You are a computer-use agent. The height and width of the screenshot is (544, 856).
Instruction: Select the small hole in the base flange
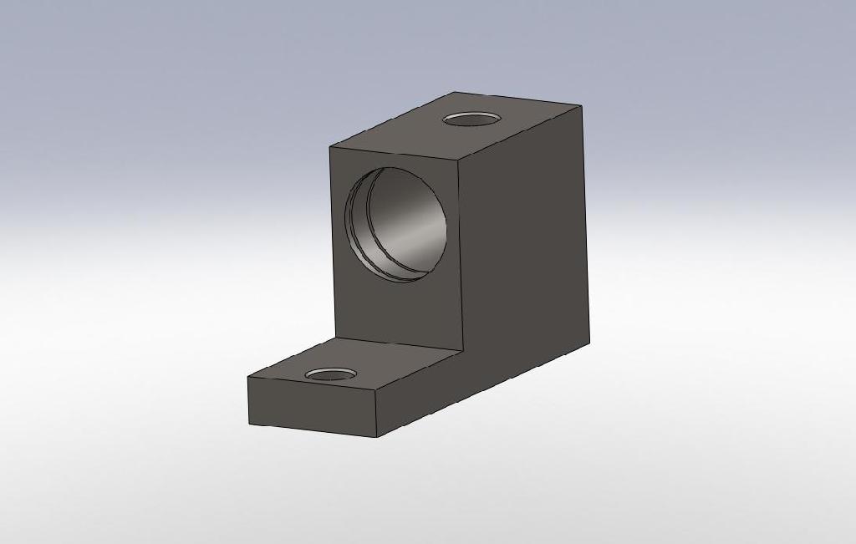coord(332,374)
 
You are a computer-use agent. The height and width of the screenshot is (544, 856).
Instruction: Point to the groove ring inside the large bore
coord(358,226)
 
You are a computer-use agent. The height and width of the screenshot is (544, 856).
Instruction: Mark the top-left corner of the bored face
coord(330,146)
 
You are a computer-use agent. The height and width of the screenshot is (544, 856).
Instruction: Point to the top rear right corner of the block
coord(581,106)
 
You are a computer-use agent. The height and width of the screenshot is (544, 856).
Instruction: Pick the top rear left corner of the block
coord(455,92)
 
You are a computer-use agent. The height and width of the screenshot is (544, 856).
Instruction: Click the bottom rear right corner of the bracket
coord(589,343)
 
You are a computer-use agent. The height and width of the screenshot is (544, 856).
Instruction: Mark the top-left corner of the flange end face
coord(248,378)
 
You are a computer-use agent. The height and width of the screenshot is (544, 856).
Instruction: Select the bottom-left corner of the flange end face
coord(250,424)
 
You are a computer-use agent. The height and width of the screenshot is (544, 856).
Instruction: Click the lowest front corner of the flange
coord(377,437)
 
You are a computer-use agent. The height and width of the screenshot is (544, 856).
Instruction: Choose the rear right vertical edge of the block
coord(585,226)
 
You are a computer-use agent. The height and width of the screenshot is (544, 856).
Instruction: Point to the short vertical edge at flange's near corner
coord(376,414)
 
